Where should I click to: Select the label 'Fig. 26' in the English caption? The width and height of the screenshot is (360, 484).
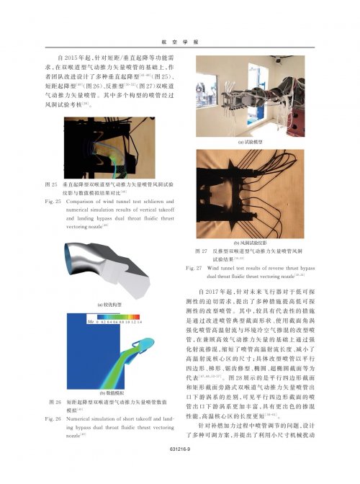point(54,417)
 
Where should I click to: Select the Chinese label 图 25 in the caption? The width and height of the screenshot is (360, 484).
point(51,184)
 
